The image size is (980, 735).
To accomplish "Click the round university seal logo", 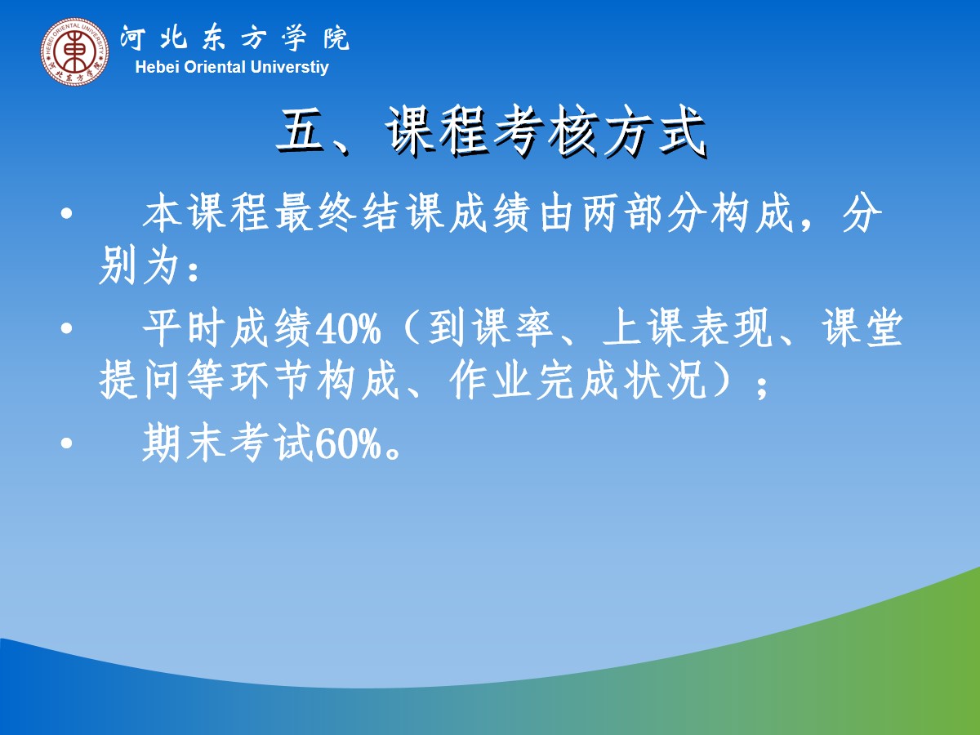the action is [x=74, y=51].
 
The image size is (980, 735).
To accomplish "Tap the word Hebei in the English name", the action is [x=157, y=68].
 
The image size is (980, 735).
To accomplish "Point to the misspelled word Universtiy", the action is [x=289, y=68].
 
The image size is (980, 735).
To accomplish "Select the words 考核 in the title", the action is [x=547, y=131].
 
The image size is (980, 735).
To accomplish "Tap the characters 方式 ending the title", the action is [x=655, y=131].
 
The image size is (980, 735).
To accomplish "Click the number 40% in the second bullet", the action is [x=348, y=329].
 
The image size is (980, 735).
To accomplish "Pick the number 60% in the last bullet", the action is [x=348, y=444].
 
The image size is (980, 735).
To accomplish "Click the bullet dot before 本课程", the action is [x=66, y=213].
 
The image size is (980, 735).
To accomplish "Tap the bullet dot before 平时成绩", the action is [x=66, y=329].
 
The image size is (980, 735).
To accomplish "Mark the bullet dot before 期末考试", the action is [x=66, y=443].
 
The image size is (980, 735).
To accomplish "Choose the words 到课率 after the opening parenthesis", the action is [x=490, y=328].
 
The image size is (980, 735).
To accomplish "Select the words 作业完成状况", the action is [x=578, y=380].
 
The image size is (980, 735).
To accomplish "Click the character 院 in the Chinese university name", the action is [x=336, y=38].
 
